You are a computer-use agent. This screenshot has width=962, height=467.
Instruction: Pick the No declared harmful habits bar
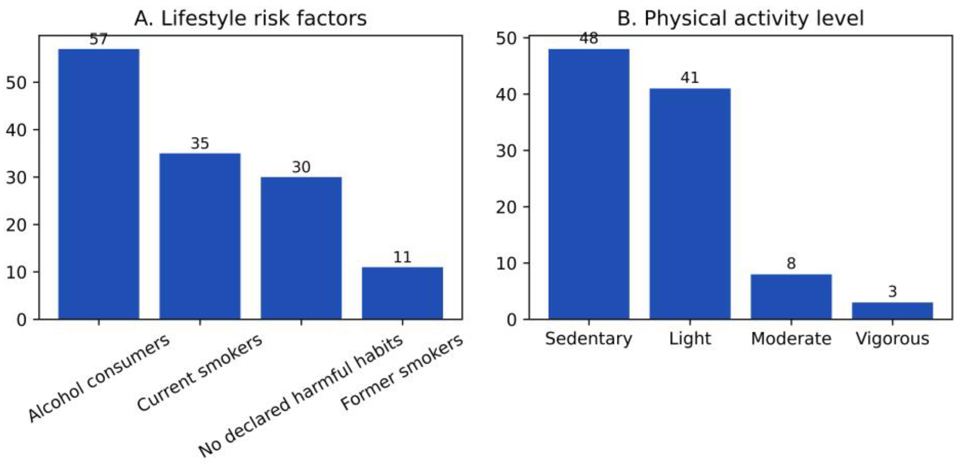(301, 248)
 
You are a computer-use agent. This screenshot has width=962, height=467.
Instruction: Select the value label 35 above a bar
(200, 143)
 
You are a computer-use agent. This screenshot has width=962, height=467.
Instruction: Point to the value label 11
(402, 257)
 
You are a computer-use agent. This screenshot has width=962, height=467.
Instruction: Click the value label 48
(589, 39)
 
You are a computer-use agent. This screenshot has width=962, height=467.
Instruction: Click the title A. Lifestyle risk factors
(250, 19)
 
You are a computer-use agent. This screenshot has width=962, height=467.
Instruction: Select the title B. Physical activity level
(740, 19)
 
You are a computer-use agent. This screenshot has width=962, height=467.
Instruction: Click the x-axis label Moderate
(791, 339)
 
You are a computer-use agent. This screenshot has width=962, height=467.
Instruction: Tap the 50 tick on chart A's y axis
(17, 83)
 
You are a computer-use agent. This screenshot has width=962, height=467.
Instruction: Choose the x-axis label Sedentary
(589, 339)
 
